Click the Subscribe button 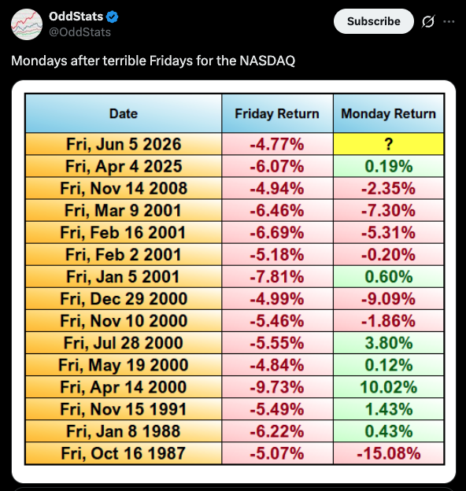pyautogui.click(x=374, y=21)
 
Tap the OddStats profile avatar pyautogui.click(x=27, y=24)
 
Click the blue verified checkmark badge pyautogui.click(x=112, y=17)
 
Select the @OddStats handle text pyautogui.click(x=80, y=32)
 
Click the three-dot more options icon pyautogui.click(x=449, y=21)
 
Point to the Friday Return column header pyautogui.click(x=277, y=113)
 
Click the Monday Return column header pyautogui.click(x=388, y=113)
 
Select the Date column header pyautogui.click(x=124, y=113)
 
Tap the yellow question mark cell pyautogui.click(x=388, y=144)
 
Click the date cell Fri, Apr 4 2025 pyautogui.click(x=124, y=166)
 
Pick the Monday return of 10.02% pyautogui.click(x=388, y=387)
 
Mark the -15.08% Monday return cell pyautogui.click(x=388, y=453)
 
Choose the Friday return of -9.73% pyautogui.click(x=277, y=387)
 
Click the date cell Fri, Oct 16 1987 pyautogui.click(x=124, y=453)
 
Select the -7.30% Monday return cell pyautogui.click(x=388, y=210)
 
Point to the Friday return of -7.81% pyautogui.click(x=277, y=276)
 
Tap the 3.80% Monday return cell pyautogui.click(x=388, y=343)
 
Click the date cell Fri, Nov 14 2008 pyautogui.click(x=124, y=188)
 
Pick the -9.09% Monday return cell pyautogui.click(x=388, y=299)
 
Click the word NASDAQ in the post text pyautogui.click(x=268, y=61)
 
